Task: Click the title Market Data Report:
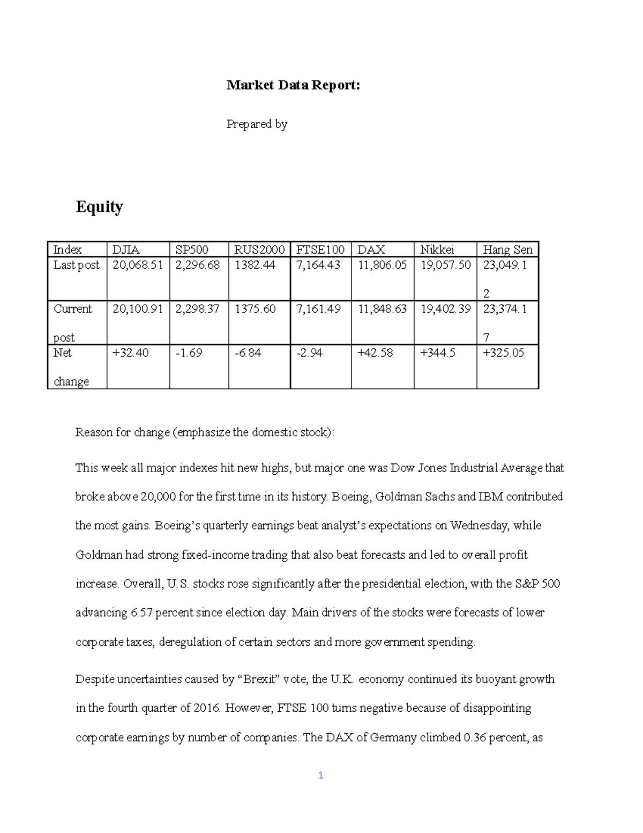[293, 85]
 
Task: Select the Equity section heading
[99, 207]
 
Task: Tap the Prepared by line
[257, 124]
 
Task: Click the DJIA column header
[126, 249]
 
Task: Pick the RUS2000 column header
[259, 249]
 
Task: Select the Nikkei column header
[437, 249]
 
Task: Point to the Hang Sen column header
[507, 249]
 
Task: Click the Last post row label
[76, 265]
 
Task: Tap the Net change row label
[71, 367]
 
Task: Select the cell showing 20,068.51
[138, 265]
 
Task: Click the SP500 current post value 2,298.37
[197, 309]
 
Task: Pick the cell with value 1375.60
[255, 309]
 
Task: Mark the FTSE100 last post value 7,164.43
[318, 265]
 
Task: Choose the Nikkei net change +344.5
[438, 353]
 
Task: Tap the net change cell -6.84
[248, 353]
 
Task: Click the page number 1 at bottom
[320, 775]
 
